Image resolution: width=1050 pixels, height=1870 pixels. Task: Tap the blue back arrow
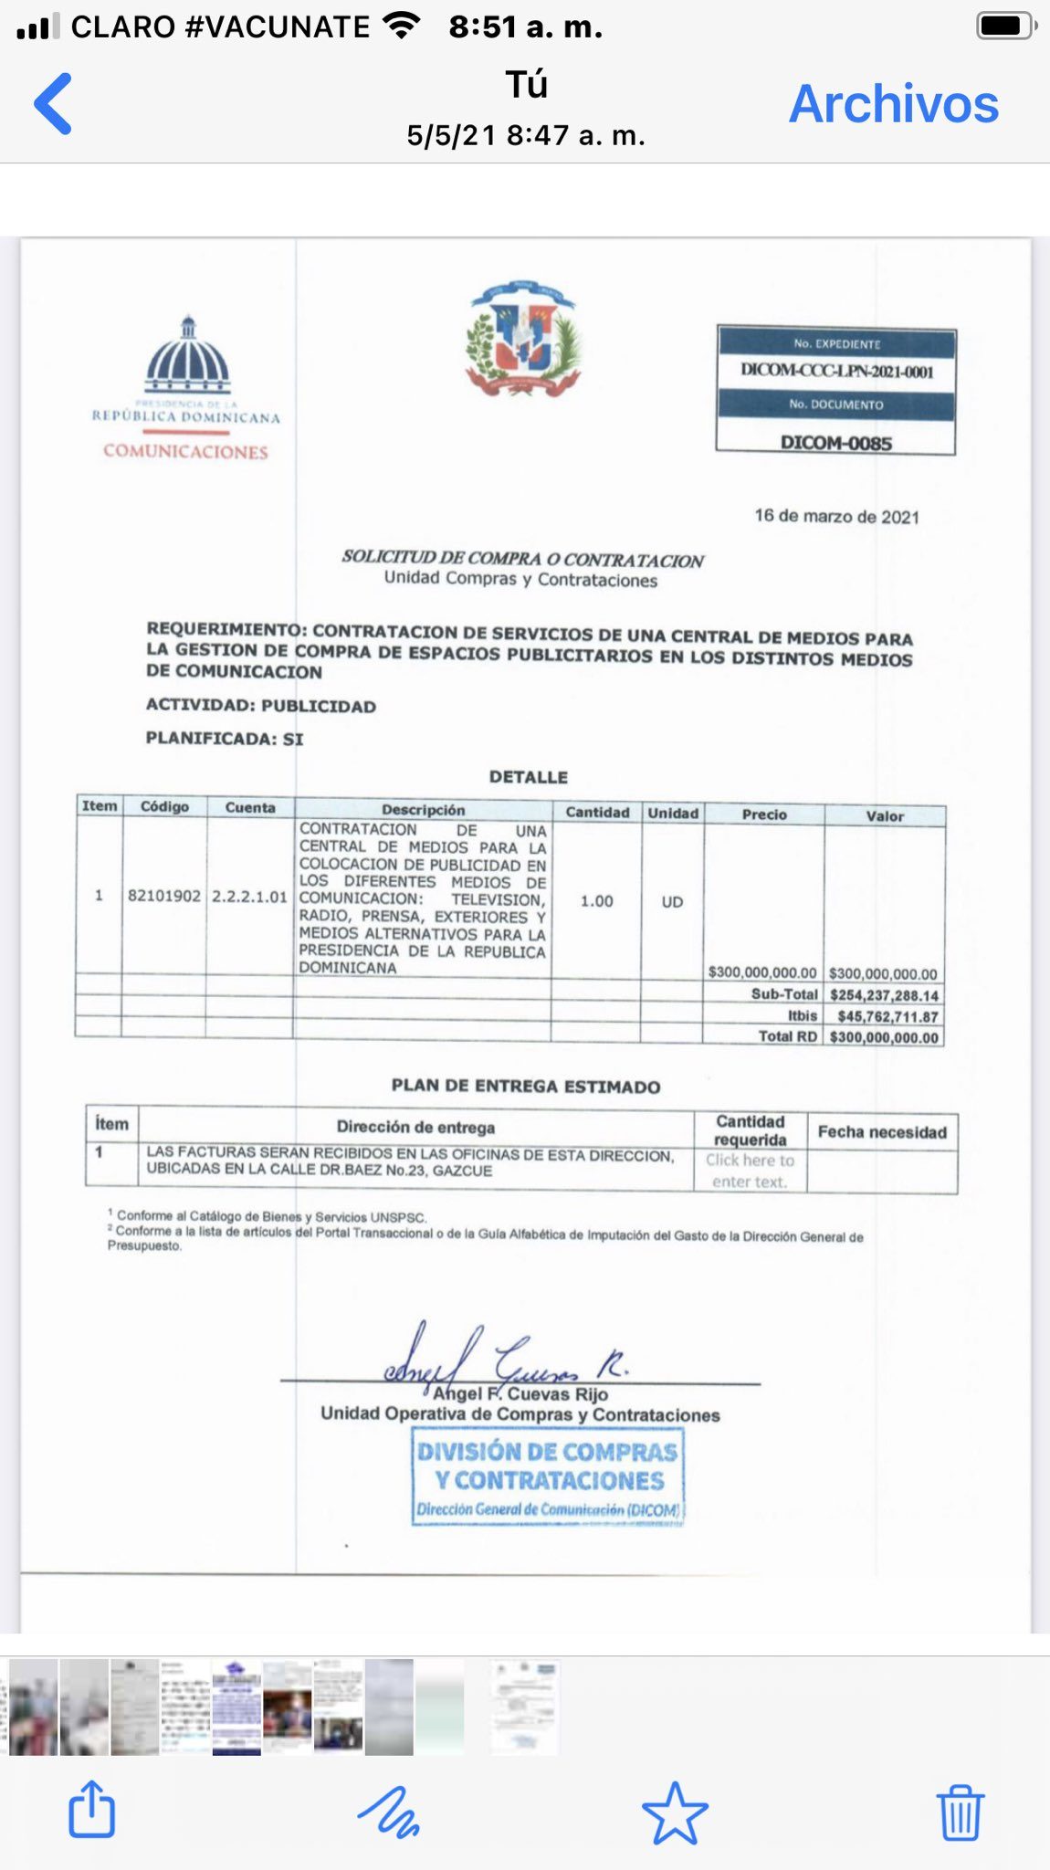(x=54, y=104)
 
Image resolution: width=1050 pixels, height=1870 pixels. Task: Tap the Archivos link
(x=893, y=104)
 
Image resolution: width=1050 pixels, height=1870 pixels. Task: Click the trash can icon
(x=960, y=1812)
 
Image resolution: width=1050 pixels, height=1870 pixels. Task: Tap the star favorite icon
(x=675, y=1812)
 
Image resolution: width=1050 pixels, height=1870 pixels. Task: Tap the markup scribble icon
(x=389, y=1812)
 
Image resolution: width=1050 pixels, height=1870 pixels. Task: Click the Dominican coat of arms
(x=523, y=339)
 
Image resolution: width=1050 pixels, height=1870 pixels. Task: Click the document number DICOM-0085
(x=835, y=443)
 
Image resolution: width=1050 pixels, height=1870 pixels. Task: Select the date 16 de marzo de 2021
(x=836, y=517)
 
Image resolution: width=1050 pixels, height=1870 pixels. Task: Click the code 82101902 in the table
(x=164, y=896)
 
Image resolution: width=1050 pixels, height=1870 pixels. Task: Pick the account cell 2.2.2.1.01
(x=249, y=897)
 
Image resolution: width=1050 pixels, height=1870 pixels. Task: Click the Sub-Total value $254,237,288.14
(x=884, y=995)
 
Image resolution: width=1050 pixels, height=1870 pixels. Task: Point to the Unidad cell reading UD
(x=672, y=902)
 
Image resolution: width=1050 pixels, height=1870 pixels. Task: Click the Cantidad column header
(x=597, y=812)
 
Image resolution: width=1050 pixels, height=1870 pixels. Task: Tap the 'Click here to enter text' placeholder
(x=750, y=1171)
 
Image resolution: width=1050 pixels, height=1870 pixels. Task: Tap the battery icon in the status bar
(x=1005, y=26)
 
